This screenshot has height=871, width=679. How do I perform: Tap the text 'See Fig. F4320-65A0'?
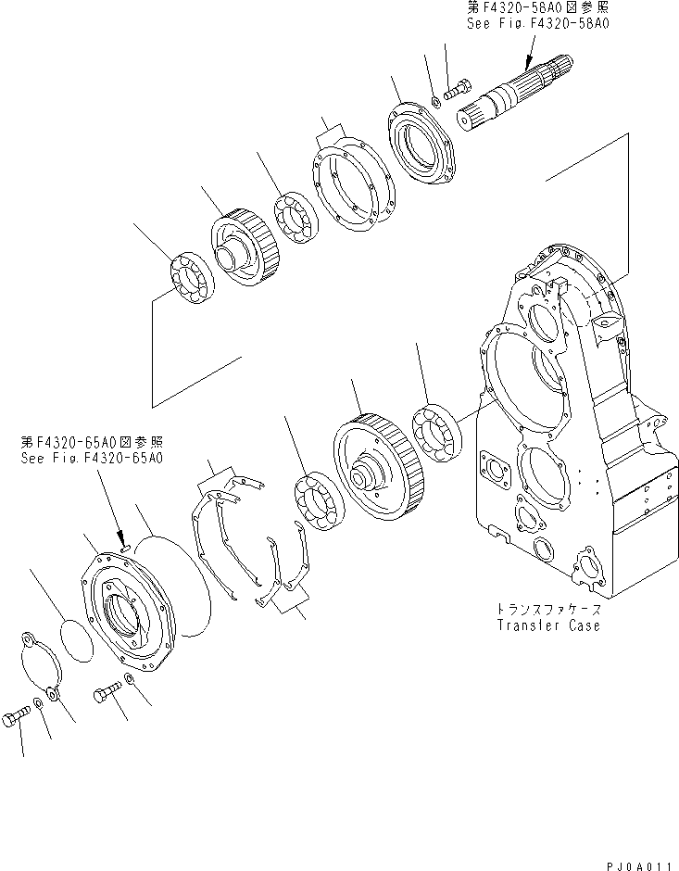coord(93,458)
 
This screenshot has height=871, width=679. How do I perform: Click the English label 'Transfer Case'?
coord(547,625)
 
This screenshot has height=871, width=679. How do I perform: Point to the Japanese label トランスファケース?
coord(547,610)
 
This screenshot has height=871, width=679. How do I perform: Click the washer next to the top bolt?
coord(435,95)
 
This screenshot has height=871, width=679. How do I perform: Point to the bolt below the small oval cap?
coord(22,716)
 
